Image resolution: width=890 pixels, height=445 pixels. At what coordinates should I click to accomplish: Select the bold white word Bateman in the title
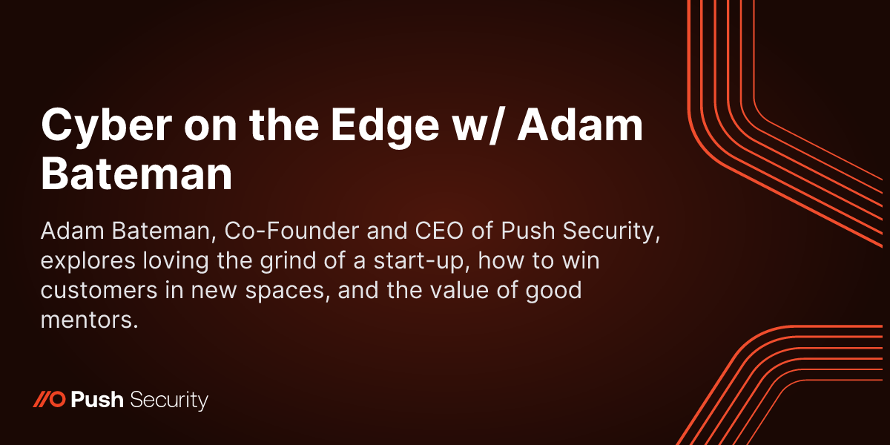136,175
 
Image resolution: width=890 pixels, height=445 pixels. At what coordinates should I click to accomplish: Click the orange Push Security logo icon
50,400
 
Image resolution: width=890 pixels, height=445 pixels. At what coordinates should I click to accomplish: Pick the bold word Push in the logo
97,400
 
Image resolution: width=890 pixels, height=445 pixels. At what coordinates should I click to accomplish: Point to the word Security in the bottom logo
168,400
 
